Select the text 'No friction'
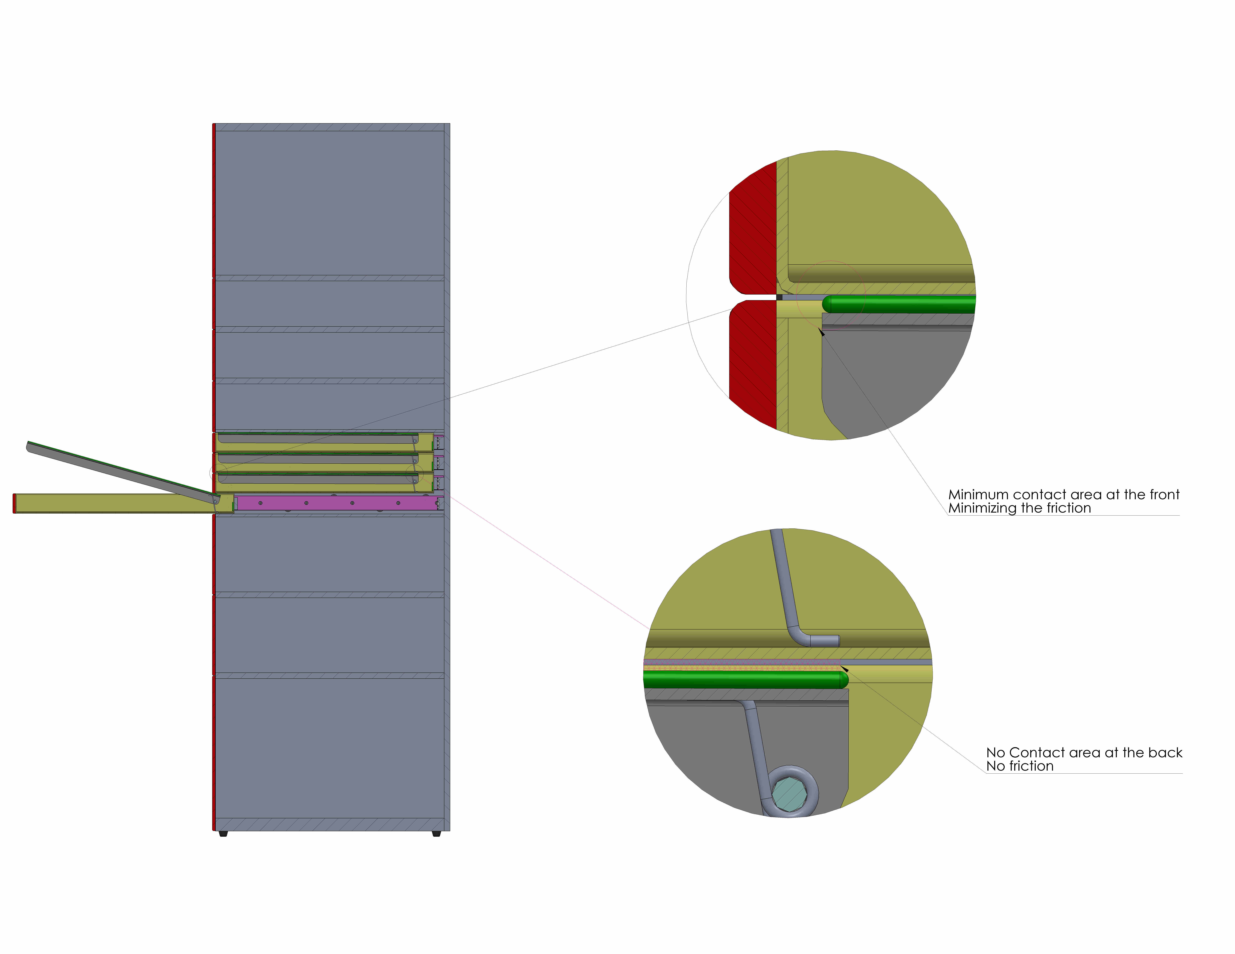coord(1020,766)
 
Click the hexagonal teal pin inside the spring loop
coord(789,793)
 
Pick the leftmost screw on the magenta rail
coord(260,503)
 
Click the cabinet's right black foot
coord(436,834)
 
